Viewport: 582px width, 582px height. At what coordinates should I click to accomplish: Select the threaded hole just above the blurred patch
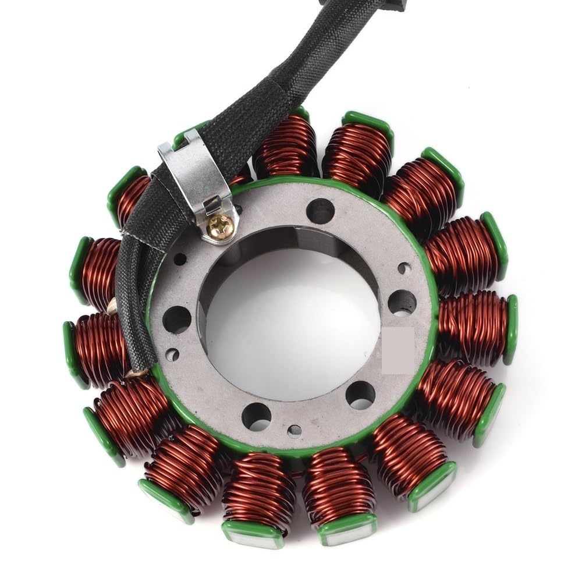pos(402,302)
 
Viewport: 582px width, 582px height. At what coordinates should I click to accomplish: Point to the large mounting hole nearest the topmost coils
pos(321,211)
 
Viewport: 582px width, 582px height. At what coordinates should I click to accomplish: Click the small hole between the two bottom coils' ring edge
pos(295,431)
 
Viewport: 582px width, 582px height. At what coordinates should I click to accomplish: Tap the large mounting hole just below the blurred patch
pos(360,396)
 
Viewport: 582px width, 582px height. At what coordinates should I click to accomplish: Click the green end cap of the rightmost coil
pos(512,329)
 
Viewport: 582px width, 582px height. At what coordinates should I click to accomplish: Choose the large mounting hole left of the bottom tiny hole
pos(257,416)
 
